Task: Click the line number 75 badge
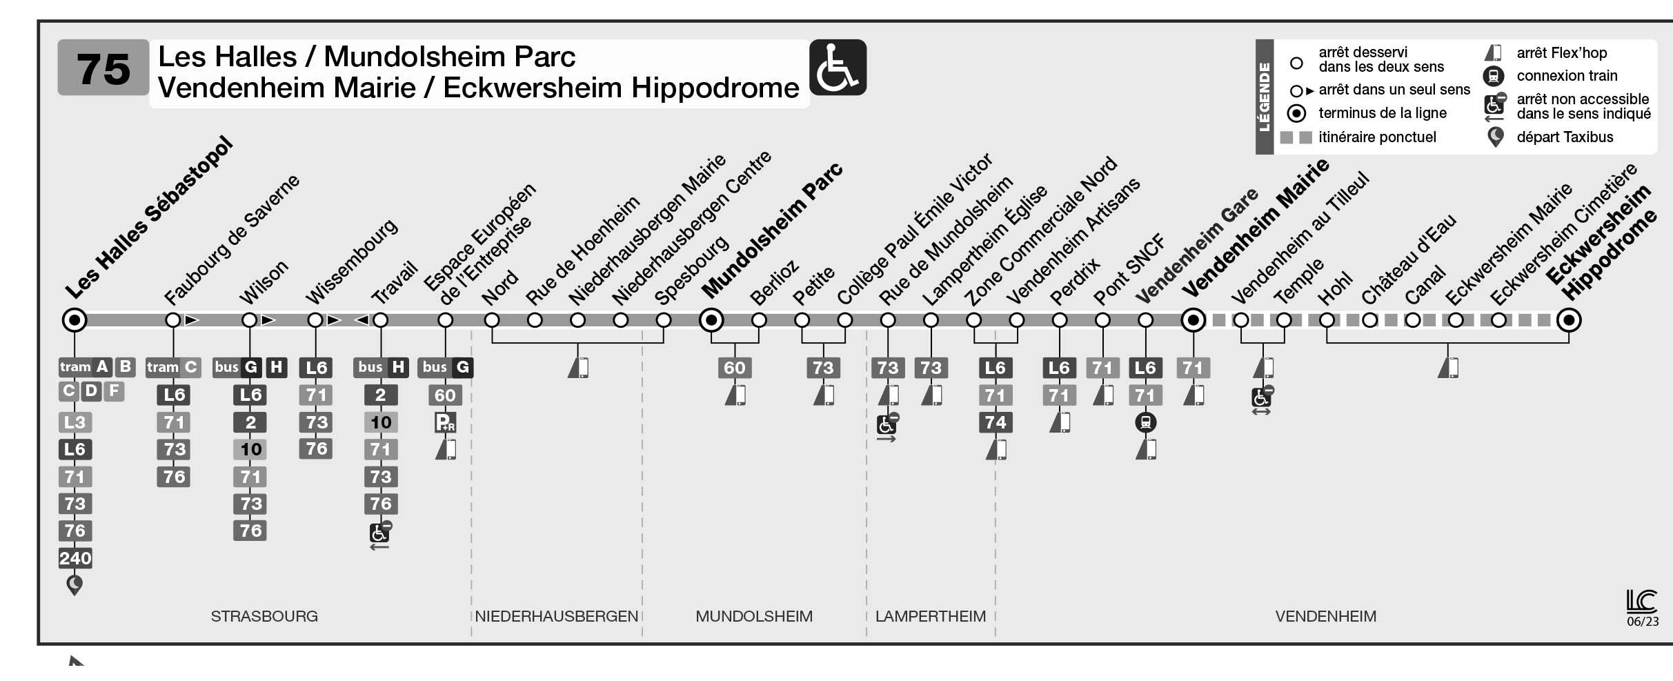(103, 68)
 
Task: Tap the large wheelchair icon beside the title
(837, 68)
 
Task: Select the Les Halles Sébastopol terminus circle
(75, 320)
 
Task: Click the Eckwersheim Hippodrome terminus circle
(1569, 320)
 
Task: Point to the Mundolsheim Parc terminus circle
(711, 320)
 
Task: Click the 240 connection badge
(75, 558)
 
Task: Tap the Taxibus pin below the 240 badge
(75, 585)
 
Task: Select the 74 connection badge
(995, 422)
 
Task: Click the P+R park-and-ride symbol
(445, 422)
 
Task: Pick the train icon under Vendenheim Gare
(1145, 422)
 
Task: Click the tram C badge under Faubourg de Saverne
(172, 367)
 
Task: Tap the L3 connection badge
(75, 422)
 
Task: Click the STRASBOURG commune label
(264, 616)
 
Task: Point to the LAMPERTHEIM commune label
(931, 616)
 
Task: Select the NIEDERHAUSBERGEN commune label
(556, 616)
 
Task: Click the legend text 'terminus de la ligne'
(1382, 113)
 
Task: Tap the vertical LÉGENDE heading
(1264, 97)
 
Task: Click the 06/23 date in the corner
(1643, 621)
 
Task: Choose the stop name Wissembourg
(352, 262)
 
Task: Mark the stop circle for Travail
(380, 320)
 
